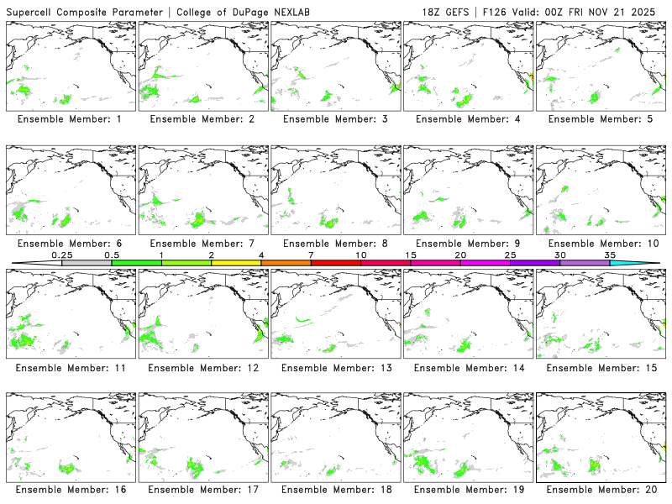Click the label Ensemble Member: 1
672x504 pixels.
(69, 119)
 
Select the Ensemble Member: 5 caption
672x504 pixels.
(598, 119)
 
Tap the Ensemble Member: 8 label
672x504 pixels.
(333, 244)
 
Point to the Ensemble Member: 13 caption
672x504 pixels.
(333, 368)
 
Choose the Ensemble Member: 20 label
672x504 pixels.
(598, 489)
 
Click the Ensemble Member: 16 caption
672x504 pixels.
(69, 489)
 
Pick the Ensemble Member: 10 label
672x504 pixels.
(598, 244)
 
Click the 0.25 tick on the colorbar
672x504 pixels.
(61, 255)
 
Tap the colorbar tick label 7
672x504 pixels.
(311, 255)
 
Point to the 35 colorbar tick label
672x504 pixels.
(610, 255)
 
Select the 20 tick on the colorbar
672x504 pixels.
(460, 255)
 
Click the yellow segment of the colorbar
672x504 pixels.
(236, 263)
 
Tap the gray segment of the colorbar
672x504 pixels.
(87, 263)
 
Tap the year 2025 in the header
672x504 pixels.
(650, 13)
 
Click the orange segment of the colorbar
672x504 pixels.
(286, 263)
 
